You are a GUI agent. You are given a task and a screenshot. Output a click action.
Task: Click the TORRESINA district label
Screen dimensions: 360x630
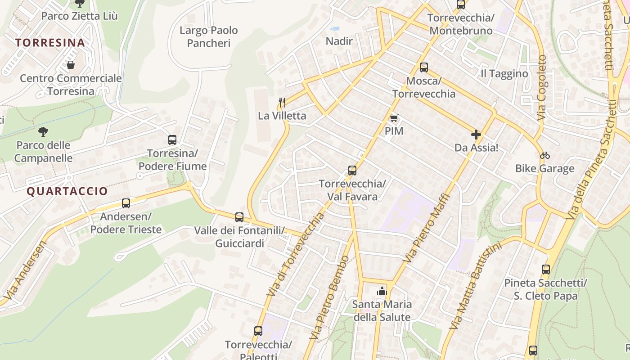50,43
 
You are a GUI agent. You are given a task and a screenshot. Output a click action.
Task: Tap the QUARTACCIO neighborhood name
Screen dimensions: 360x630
67,191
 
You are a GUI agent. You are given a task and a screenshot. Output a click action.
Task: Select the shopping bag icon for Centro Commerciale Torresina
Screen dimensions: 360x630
70,65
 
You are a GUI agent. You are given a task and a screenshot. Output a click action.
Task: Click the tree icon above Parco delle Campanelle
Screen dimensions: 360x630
43,132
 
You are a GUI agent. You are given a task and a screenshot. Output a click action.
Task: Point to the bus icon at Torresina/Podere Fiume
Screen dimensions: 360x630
172,140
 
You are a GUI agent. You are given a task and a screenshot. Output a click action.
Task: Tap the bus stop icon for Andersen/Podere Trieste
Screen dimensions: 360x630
126,203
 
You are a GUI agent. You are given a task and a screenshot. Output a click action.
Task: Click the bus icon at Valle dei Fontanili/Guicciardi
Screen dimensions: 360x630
239,217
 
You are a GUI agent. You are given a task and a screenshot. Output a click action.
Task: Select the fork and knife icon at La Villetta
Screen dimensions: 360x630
282,103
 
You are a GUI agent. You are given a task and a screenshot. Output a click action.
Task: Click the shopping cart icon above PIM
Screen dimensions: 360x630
394,118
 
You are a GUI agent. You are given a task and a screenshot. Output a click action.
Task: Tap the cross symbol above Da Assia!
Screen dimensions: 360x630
476,135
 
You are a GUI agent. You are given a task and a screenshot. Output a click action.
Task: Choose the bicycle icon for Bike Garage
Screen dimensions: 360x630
545,155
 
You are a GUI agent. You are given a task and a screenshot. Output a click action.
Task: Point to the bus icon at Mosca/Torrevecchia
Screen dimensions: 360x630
424,67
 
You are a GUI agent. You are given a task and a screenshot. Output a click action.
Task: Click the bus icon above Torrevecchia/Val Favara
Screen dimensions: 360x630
352,171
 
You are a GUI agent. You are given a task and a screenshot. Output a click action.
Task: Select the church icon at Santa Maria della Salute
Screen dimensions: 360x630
382,291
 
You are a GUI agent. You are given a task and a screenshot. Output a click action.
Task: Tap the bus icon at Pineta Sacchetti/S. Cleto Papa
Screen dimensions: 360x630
546,270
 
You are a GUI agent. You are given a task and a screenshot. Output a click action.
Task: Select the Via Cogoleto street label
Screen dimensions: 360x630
542,88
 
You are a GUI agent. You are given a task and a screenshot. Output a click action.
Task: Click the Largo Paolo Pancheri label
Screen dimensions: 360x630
209,36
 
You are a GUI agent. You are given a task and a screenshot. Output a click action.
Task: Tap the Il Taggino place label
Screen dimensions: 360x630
504,74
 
